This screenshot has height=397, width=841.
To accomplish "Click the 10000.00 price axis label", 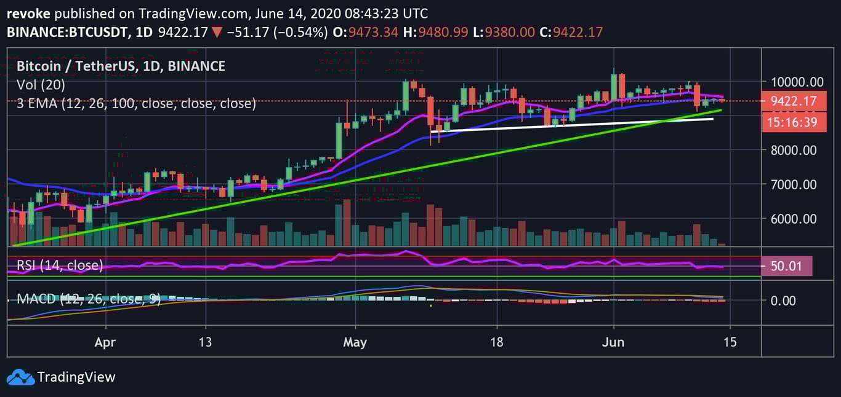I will [x=793, y=82].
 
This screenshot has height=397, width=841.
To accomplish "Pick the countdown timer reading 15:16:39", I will [x=792, y=122].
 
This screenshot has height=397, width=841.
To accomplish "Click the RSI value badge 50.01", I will [x=787, y=266].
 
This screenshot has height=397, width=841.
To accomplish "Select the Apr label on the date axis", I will [x=106, y=342].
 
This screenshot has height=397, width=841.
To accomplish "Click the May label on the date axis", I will [x=355, y=342].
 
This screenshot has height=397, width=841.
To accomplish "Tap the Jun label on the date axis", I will [x=613, y=342].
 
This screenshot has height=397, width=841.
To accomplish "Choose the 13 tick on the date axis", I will [x=206, y=342].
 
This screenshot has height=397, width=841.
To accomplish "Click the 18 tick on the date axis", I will [x=497, y=342].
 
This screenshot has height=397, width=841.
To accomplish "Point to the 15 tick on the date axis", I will [x=730, y=342].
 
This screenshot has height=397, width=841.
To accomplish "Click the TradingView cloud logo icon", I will [x=20, y=377].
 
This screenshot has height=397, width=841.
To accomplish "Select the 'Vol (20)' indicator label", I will [x=41, y=85].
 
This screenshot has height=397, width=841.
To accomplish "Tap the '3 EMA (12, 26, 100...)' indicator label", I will [x=136, y=103].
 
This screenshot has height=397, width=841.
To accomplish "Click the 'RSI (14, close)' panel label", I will [x=59, y=265].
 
